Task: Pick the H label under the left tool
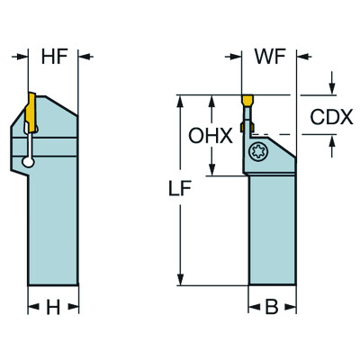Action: [x=53, y=308]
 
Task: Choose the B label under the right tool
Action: [x=271, y=308]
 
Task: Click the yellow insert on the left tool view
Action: [x=29, y=112]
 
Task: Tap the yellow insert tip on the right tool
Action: [x=248, y=101]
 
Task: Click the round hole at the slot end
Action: [x=30, y=162]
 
